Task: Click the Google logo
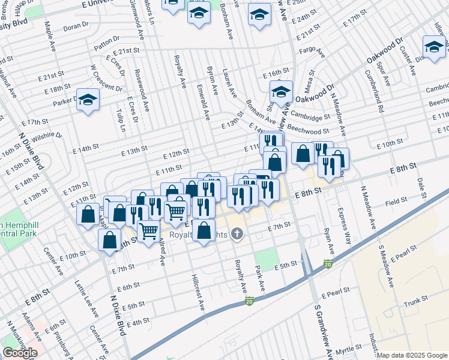click(19, 353)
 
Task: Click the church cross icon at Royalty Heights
click(238, 233)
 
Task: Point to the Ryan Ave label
click(328, 239)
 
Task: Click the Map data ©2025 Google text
click(411, 355)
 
